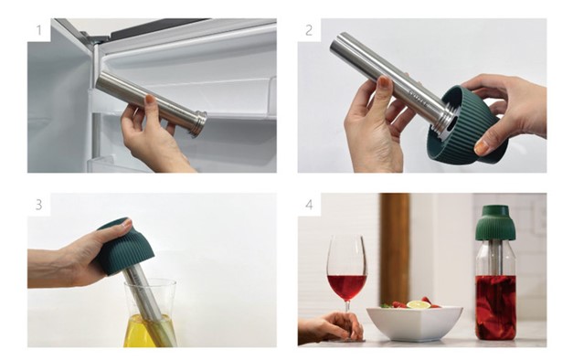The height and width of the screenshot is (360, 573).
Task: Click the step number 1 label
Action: pos(38,30)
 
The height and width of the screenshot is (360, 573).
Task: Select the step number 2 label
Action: pos(309,30)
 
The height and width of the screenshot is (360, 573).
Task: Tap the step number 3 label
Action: pos(38,205)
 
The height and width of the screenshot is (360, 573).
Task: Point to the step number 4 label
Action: pos(309,205)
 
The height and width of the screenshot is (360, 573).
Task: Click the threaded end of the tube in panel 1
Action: pos(199,123)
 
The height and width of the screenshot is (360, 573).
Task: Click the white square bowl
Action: pos(415,323)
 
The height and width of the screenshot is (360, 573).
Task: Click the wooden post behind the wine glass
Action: pos(395,249)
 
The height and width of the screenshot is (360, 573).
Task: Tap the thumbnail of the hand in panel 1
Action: pos(149,99)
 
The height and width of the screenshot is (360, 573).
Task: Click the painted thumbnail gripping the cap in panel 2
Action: pos(481,148)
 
